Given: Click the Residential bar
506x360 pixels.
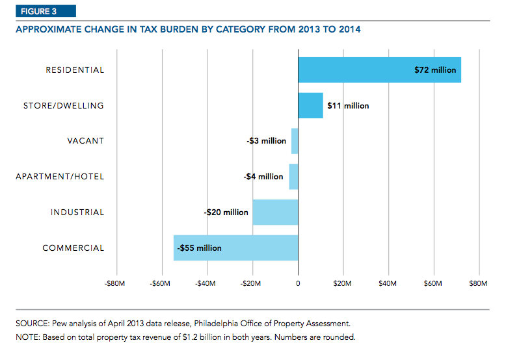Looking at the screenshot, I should coord(364,70).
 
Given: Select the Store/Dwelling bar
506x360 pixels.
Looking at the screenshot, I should coord(310,105).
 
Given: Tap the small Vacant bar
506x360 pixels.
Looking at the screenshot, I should coord(295,141).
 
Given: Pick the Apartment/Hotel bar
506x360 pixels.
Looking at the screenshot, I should coord(293,177).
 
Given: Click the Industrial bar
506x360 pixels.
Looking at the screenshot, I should coord(275,212).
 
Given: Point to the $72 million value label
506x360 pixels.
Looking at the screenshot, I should coord(435,70).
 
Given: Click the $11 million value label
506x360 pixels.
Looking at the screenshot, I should coord(348,106).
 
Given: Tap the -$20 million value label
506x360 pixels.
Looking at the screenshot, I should coord(226,212).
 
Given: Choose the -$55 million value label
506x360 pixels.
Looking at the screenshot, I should coord(199,248).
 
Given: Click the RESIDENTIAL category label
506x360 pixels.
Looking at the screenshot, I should coord(75,70).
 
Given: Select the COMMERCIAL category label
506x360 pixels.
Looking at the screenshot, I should coord(73,248).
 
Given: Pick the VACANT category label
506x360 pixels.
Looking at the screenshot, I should coord(86,141).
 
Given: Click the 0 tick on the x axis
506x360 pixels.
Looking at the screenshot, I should coord(298,283).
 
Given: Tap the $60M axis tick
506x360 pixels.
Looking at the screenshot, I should coord(433,283).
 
